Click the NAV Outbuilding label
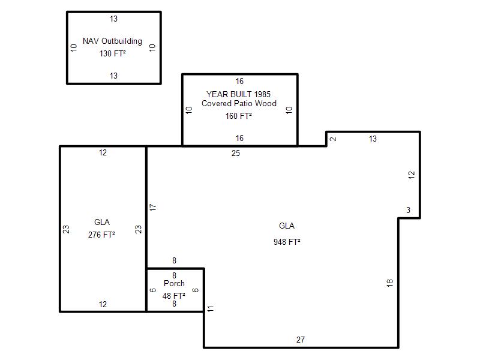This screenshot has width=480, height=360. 112,41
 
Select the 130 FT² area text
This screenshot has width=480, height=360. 112,53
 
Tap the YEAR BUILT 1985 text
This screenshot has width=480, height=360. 238,94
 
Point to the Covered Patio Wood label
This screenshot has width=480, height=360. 239,103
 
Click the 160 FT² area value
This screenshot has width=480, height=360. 238,116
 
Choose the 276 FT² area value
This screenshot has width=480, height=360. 101,235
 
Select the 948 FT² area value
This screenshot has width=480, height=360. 287,242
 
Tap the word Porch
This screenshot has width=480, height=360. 174,283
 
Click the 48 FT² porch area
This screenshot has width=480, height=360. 173,296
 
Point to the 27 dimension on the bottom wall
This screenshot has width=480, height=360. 301,340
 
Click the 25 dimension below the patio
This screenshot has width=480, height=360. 236,153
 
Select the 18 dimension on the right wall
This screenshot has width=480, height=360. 389,283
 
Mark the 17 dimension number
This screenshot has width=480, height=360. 153,207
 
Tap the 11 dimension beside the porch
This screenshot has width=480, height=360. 211,308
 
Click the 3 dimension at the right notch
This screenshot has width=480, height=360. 408,210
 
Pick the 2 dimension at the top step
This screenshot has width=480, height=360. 333,139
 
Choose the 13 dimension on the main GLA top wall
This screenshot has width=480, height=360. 373,139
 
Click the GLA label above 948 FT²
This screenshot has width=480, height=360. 287,226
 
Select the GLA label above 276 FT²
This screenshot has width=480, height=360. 102,222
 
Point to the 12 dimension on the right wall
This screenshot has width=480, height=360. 412,175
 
